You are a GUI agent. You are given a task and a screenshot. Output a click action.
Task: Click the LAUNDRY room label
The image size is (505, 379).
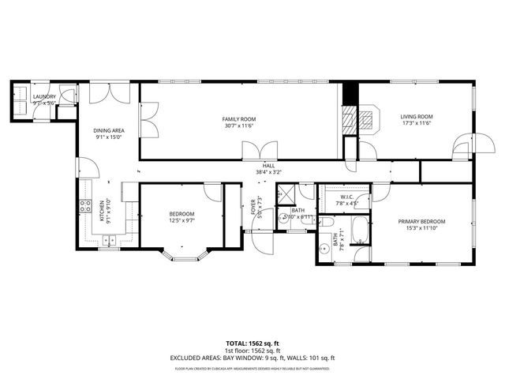pos(43,96)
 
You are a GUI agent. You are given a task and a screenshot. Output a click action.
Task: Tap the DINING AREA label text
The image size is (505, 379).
pos(109,130)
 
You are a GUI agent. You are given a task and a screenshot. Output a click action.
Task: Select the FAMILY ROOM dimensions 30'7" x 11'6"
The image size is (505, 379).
pos(240,126)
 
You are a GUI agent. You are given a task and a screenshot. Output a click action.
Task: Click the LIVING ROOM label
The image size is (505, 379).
pos(417,117)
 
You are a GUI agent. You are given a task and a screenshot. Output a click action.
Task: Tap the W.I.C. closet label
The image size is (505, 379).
pos(348,197)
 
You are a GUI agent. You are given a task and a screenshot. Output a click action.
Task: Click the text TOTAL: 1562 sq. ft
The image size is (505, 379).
pos(252,343)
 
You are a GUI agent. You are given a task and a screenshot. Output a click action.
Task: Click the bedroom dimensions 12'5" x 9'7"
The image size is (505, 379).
pos(181,220)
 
